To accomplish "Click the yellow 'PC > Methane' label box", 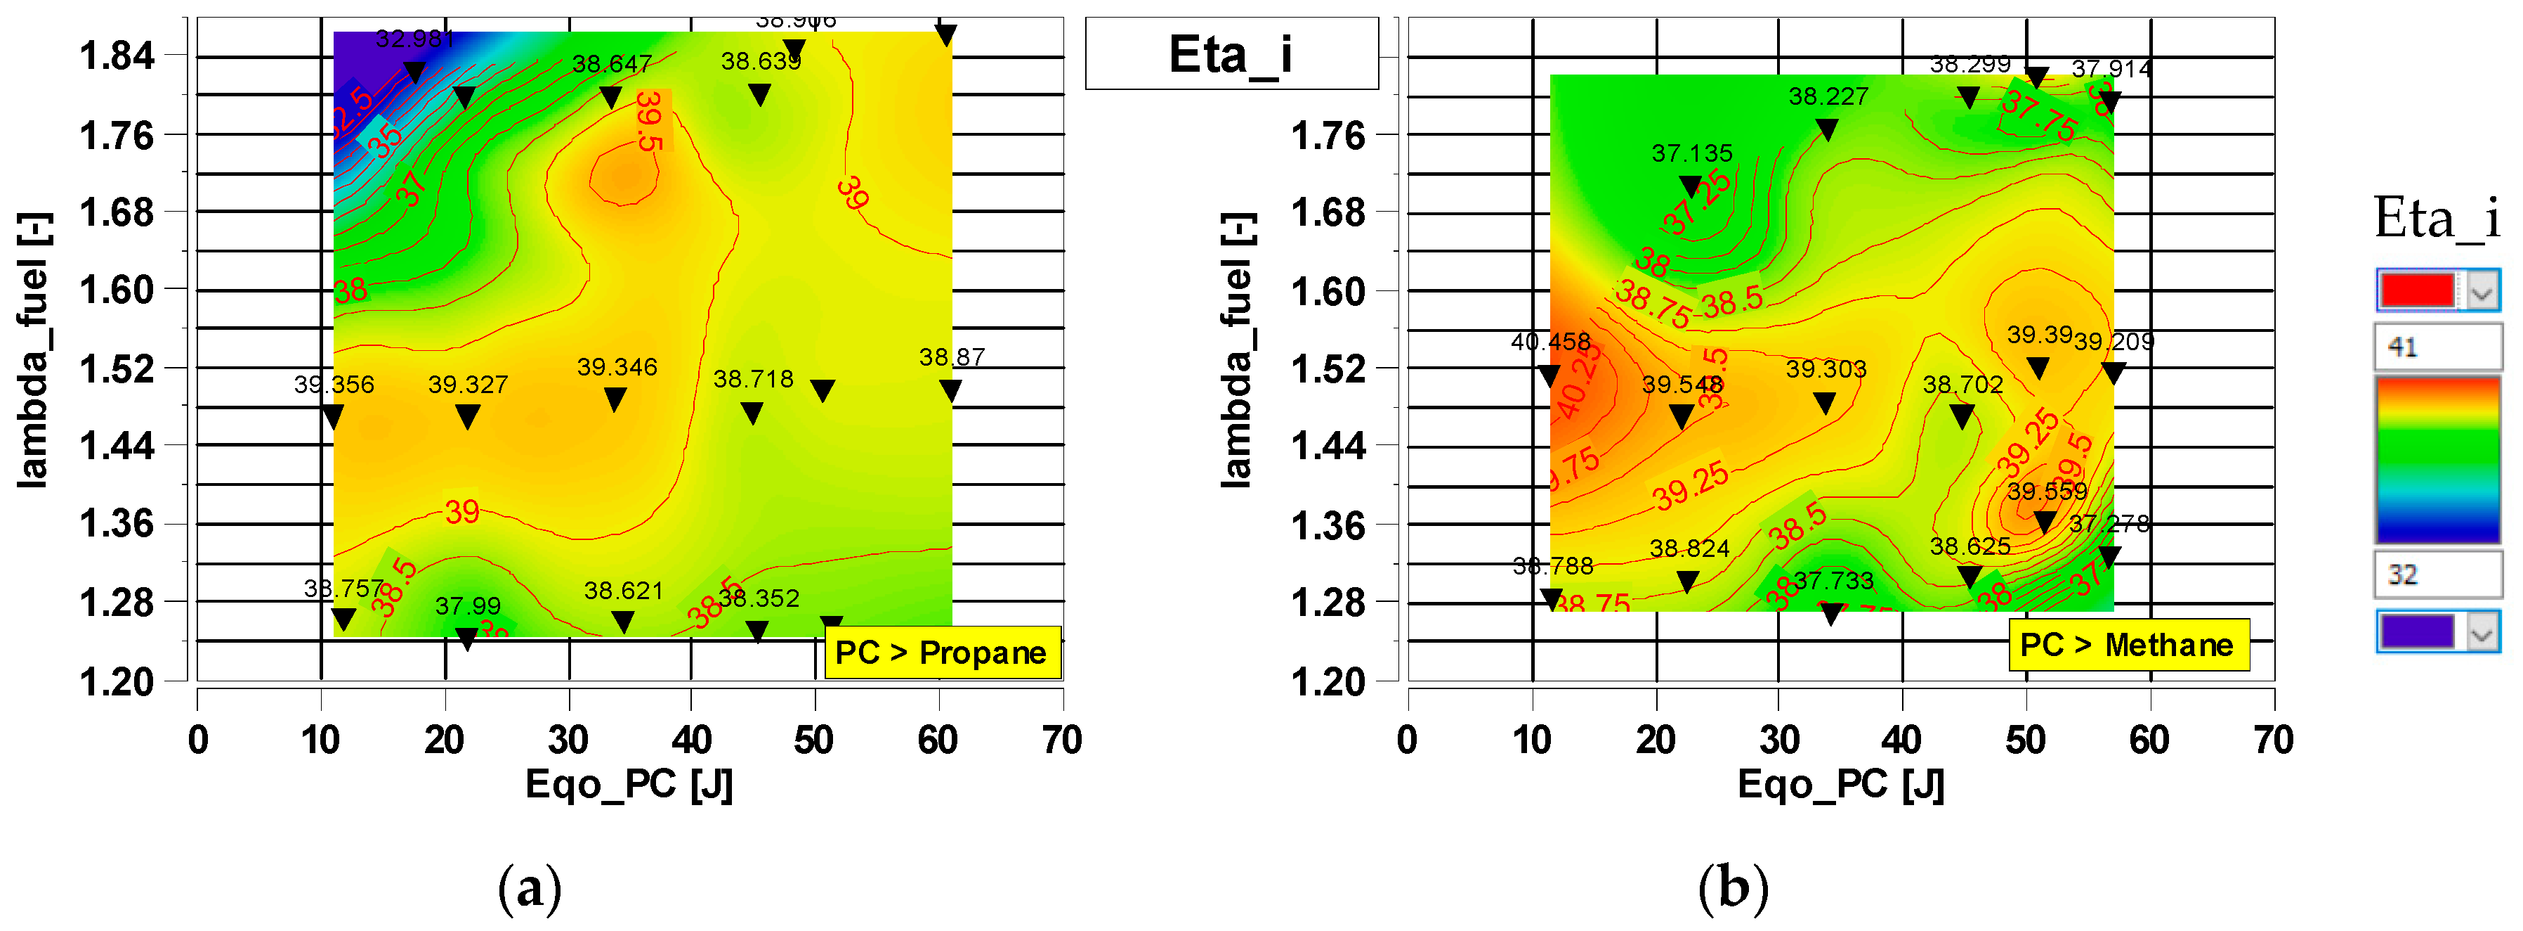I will pos(2128,645).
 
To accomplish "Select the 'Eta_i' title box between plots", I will pos(1231,54).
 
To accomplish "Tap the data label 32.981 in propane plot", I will pos(415,39).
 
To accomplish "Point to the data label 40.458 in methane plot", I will pos(1550,342).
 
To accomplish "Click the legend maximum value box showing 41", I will pos(2436,347).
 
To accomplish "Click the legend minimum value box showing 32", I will pos(2436,574).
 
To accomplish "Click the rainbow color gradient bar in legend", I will pos(2437,460).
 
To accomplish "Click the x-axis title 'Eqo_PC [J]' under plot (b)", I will pos(1840,785).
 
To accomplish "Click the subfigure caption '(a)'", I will pos(530,888).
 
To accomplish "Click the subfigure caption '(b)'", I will pos(1733,888).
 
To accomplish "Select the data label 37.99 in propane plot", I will pos(467,607).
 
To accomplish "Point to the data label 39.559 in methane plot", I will pos(2046,491).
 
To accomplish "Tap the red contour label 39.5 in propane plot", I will pos(649,120).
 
